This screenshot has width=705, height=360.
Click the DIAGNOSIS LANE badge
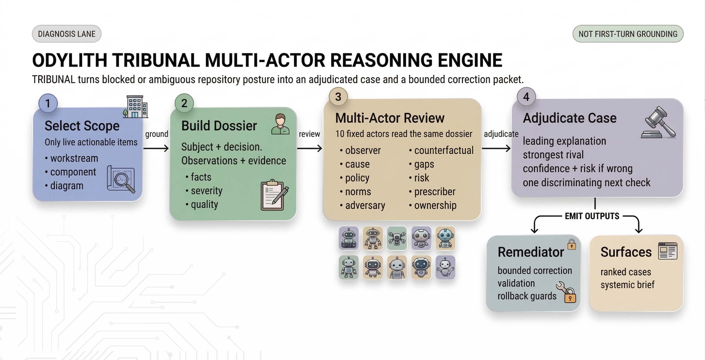[67, 34]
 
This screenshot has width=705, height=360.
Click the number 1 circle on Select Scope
[48, 103]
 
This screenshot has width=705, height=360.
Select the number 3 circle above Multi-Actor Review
[338, 97]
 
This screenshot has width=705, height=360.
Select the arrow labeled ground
[156, 148]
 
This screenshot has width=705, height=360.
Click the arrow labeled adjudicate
[496, 148]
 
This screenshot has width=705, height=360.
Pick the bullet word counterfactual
[443, 150]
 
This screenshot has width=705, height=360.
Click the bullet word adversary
[365, 205]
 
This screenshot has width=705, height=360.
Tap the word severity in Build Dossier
[206, 191]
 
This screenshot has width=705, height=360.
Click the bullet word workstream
[74, 158]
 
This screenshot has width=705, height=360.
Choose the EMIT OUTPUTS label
[592, 216]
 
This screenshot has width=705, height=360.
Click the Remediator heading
[530, 252]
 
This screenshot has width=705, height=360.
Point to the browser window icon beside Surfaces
[668, 251]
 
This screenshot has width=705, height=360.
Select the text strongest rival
[553, 155]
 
